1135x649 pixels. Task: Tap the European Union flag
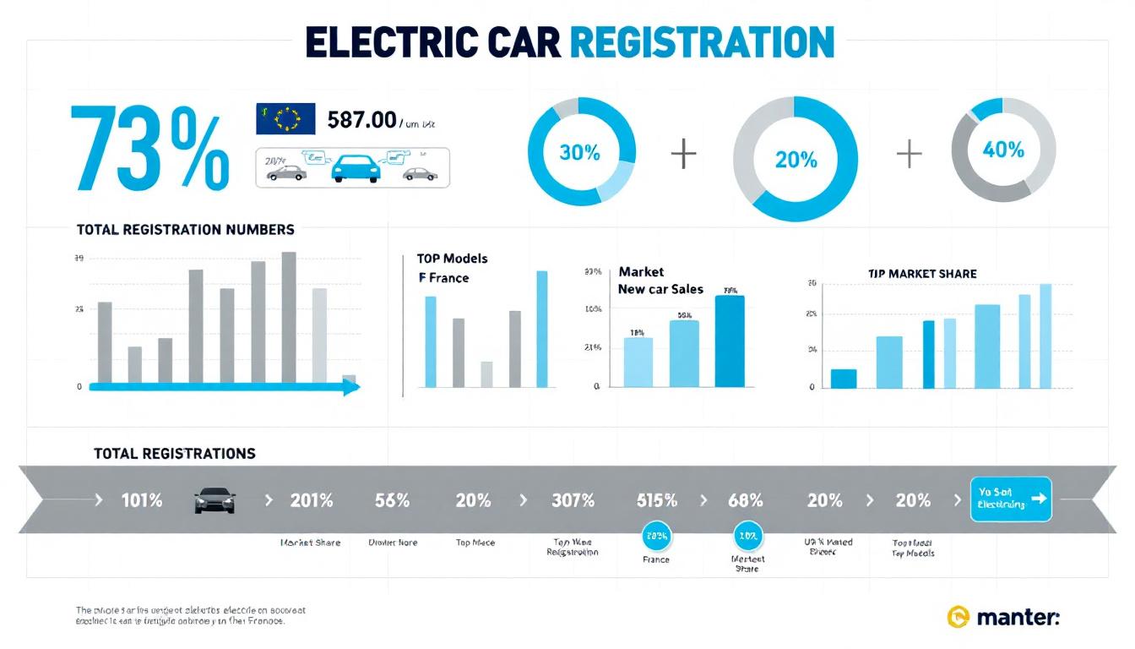pos(285,118)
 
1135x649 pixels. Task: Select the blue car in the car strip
pos(356,168)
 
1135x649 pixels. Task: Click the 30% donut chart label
pos(580,153)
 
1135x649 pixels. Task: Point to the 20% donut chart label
pos(796,159)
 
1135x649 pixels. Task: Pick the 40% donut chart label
pos(1003,150)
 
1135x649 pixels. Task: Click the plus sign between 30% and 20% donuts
pos(683,155)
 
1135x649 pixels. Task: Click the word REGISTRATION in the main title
pos(702,41)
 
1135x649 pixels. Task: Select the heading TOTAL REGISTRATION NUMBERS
pos(185,229)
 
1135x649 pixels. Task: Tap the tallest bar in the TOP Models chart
pos(541,329)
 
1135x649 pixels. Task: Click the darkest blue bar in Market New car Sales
pos(730,341)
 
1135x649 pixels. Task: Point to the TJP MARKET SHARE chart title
pos(922,274)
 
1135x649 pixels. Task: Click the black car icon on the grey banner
pos(214,500)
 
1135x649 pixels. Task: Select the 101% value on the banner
pos(141,500)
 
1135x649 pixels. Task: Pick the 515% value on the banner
pos(656,500)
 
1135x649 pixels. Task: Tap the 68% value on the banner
pos(745,500)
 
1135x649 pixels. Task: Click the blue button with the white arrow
pos(1011,499)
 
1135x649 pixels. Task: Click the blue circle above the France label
pos(656,535)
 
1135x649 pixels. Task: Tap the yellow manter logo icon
pos(959,617)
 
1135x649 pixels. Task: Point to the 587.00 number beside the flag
pos(361,119)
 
